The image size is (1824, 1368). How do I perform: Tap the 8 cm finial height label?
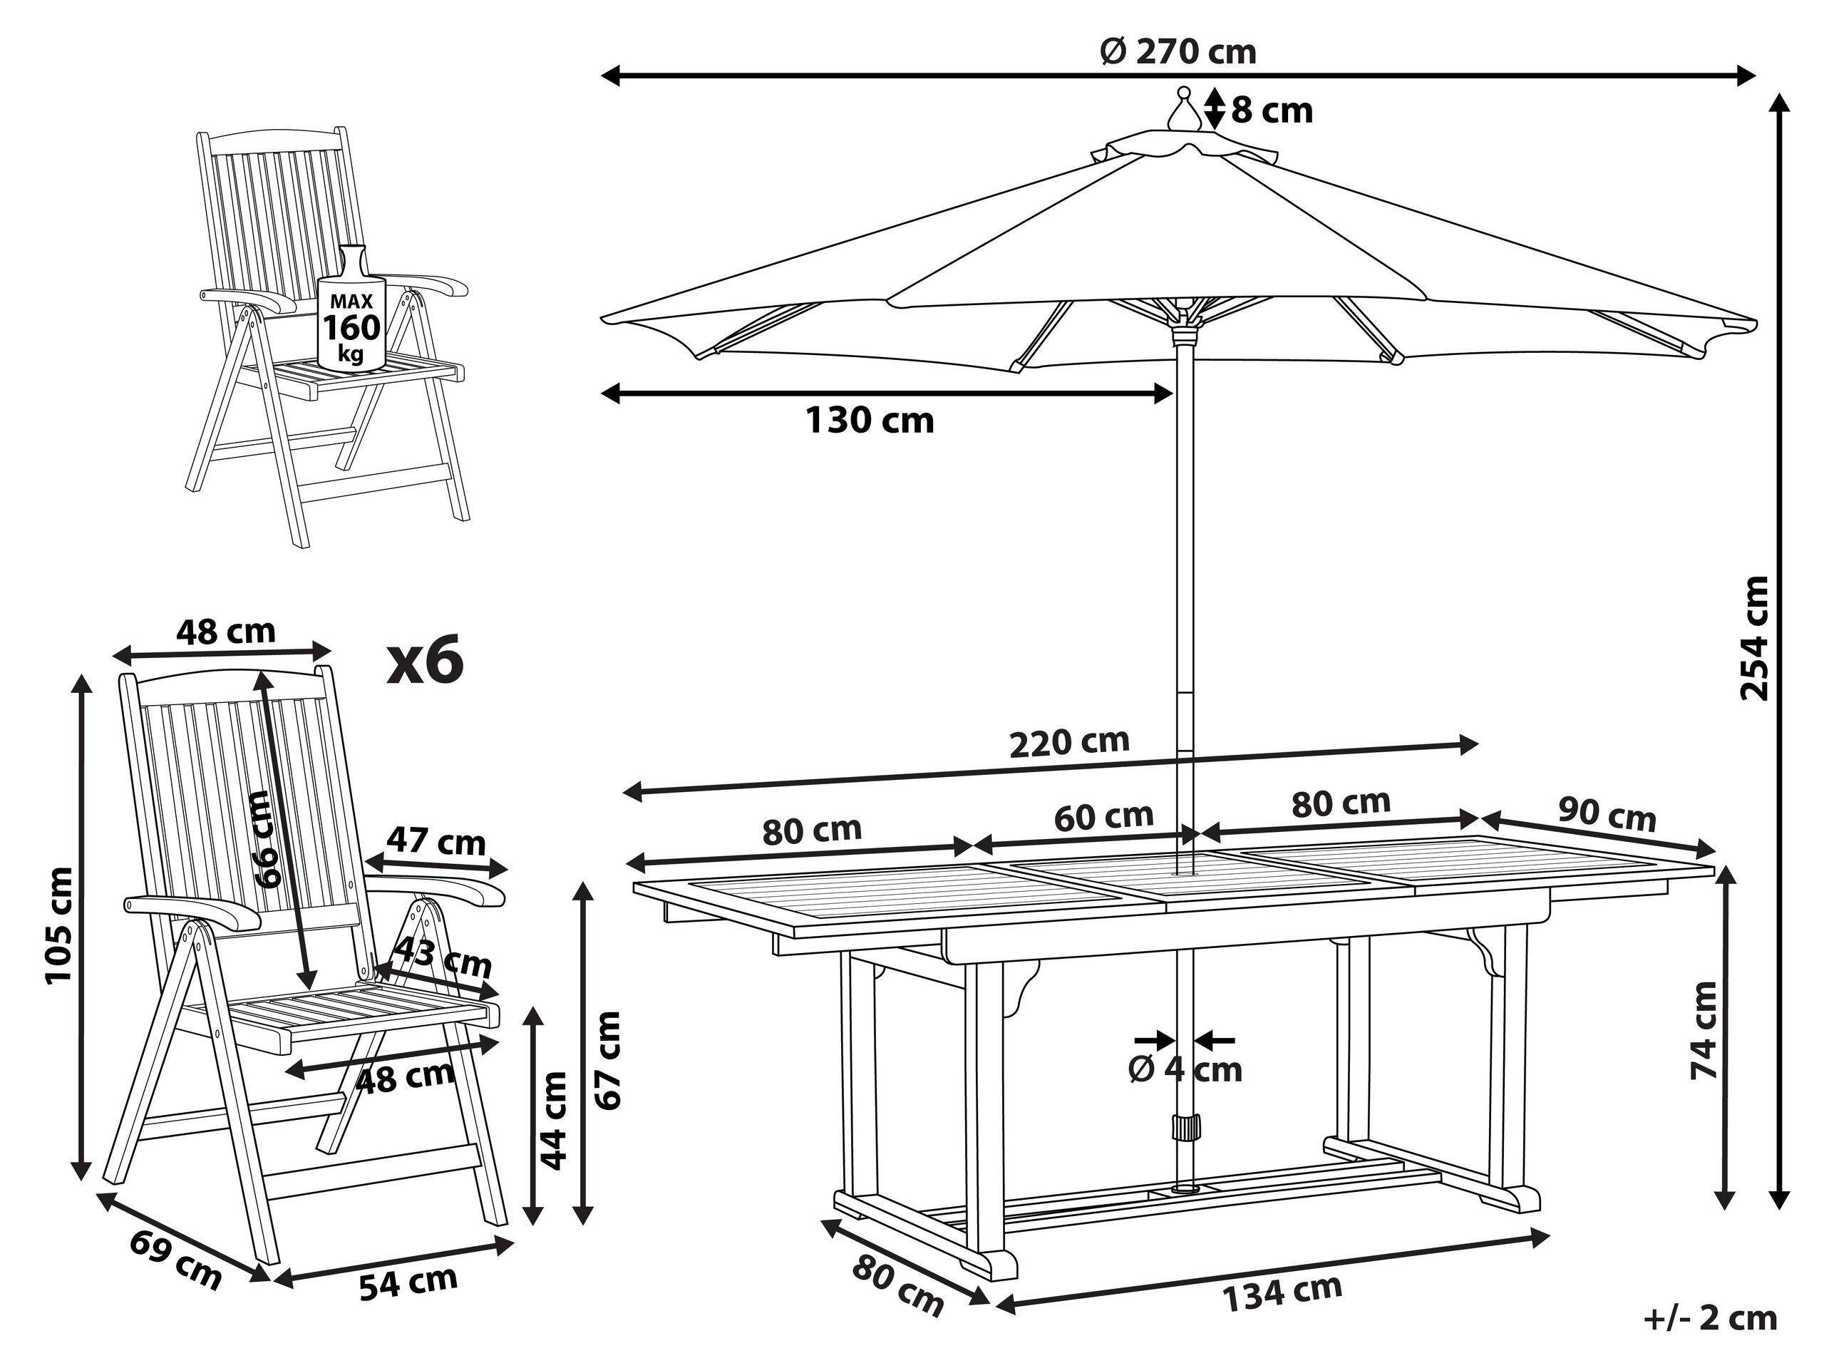[1272, 110]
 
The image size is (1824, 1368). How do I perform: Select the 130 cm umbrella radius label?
[869, 421]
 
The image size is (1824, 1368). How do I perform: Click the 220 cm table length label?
[1068, 741]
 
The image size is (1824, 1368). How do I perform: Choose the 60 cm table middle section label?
[1103, 816]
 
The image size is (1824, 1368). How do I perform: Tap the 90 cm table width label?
[1607, 816]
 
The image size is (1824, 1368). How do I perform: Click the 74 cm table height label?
[1702, 1031]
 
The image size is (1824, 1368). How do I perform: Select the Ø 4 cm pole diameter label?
[1185, 1069]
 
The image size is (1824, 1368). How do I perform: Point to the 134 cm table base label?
[1282, 1291]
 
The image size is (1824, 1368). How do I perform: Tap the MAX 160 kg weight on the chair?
[352, 327]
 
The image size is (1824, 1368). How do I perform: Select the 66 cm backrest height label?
[272, 838]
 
